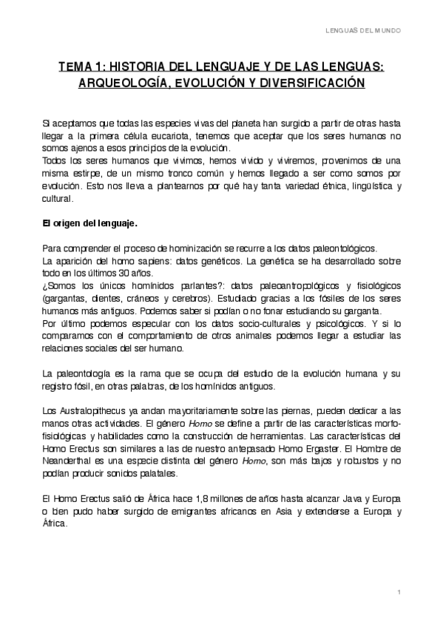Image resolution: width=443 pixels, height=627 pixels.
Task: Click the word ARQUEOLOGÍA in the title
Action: [123, 84]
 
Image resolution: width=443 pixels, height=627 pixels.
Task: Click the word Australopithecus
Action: [88, 411]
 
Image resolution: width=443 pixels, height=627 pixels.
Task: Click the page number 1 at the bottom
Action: [398, 593]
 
